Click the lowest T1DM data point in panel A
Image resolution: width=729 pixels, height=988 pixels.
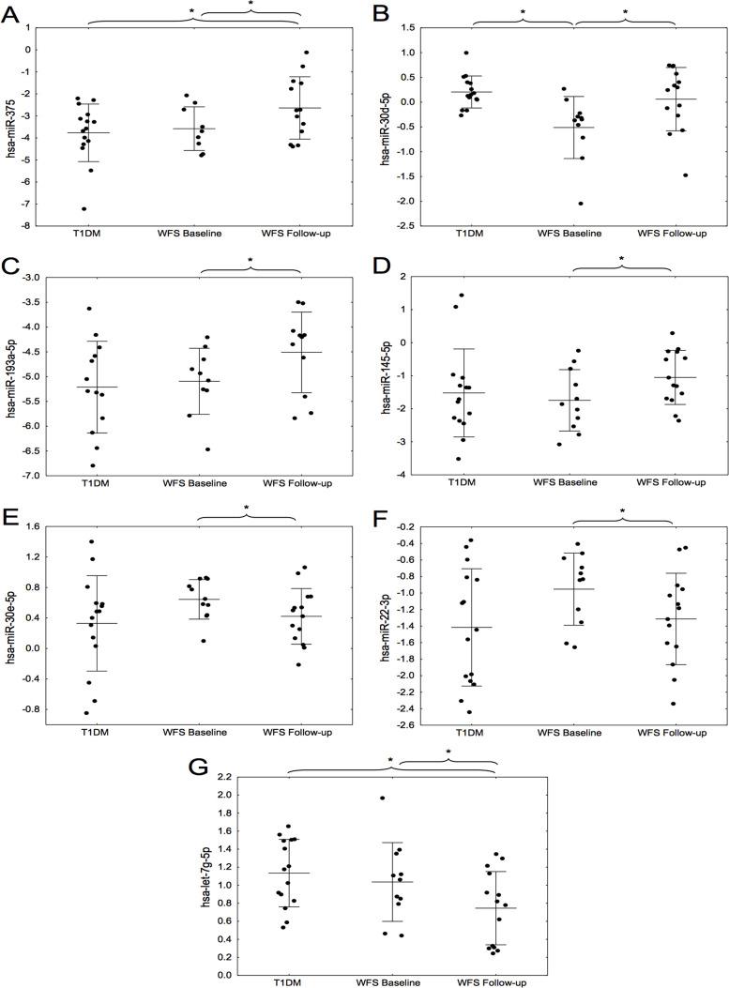point(84,208)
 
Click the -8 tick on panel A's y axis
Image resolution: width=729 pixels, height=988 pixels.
point(27,226)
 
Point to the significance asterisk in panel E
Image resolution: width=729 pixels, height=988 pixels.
point(246,509)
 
